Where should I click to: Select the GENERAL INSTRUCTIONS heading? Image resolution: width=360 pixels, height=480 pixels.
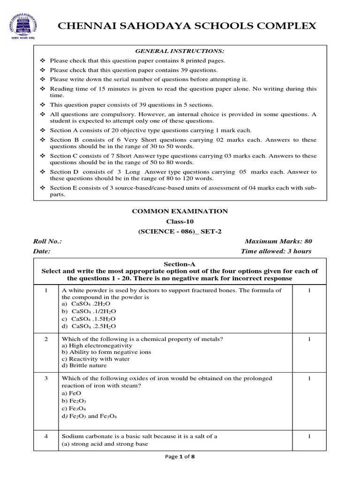(x=180, y=51)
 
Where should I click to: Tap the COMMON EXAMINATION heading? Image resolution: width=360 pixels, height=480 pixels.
(x=180, y=211)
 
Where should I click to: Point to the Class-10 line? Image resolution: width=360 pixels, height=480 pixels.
(x=180, y=221)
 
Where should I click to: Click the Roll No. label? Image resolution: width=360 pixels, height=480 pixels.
(x=47, y=241)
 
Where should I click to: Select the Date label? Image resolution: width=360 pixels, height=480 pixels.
(x=42, y=251)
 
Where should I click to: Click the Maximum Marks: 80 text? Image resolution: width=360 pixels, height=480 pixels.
(x=278, y=241)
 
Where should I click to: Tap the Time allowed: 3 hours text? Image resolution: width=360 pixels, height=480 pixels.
(x=276, y=251)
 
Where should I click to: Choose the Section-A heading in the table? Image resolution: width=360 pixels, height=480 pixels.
(x=180, y=264)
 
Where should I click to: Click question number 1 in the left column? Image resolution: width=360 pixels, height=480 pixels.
(x=46, y=291)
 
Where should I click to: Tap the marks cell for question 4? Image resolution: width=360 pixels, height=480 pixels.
(x=309, y=436)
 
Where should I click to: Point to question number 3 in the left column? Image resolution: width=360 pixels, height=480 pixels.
(x=46, y=378)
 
